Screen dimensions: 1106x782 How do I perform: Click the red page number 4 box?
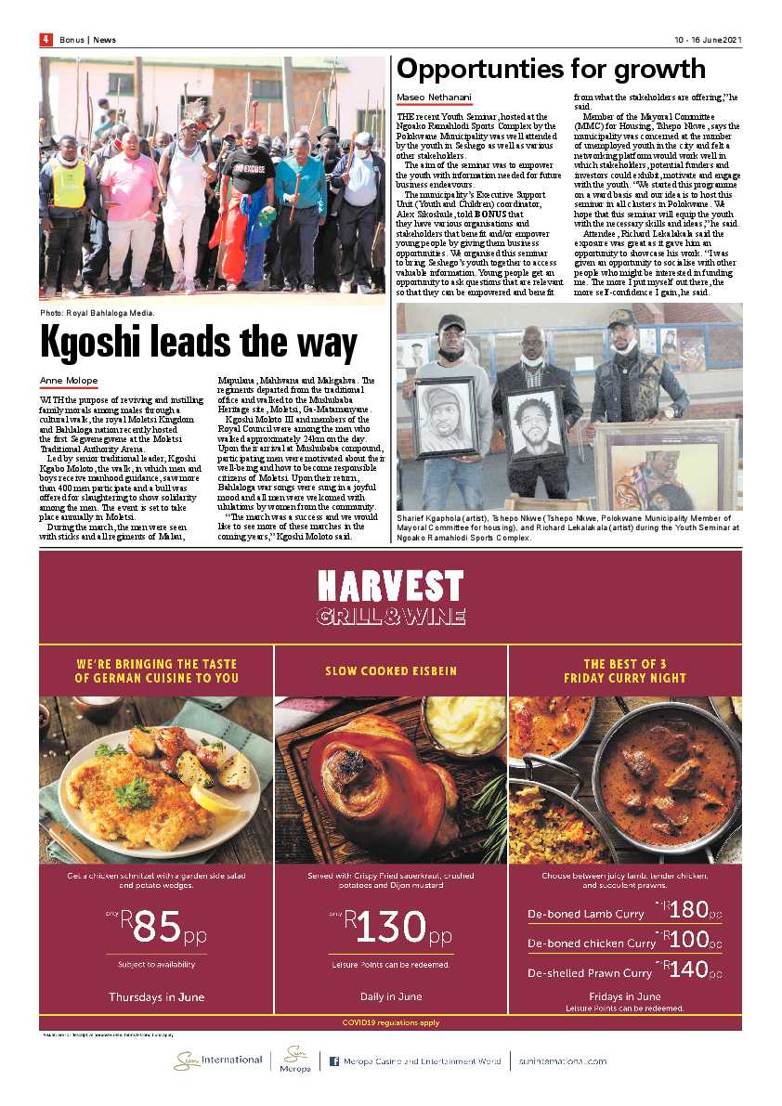[45, 39]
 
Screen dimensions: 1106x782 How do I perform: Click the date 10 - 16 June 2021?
[708, 40]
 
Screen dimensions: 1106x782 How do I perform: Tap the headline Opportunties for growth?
[551, 69]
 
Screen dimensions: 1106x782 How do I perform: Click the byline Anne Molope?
[68, 381]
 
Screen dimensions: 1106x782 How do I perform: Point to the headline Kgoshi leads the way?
[199, 343]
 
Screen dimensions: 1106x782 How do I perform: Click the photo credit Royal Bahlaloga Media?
[98, 313]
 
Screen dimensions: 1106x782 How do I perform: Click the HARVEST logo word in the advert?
[390, 586]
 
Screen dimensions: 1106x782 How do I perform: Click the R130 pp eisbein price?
[391, 925]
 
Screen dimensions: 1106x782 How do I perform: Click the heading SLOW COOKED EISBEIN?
[391, 670]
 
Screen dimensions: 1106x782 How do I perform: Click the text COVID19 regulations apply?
[391, 1022]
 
